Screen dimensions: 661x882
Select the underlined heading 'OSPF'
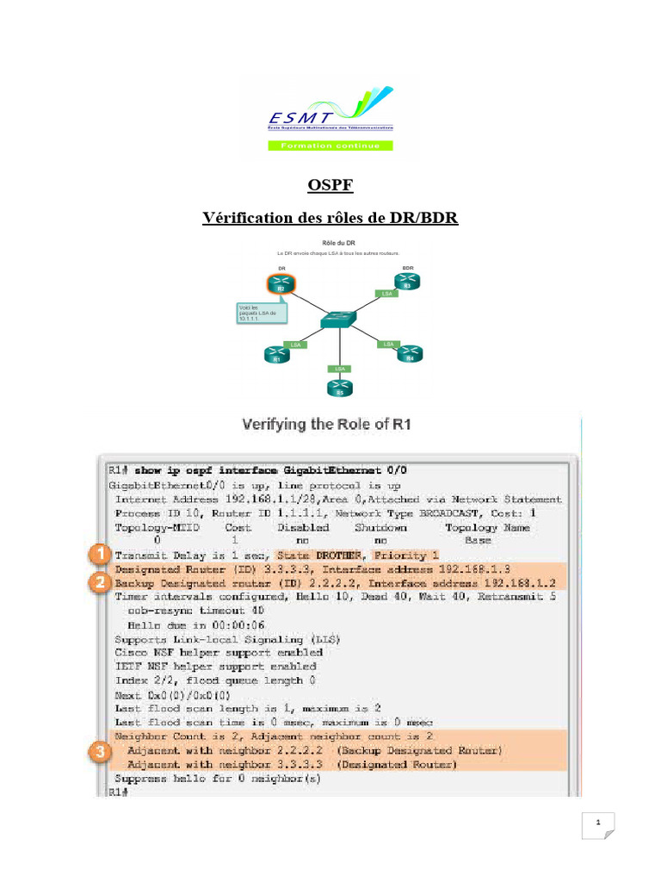(x=330, y=185)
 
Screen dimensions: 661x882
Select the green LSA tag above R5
(x=339, y=368)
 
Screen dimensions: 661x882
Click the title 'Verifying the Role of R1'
(x=330, y=424)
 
